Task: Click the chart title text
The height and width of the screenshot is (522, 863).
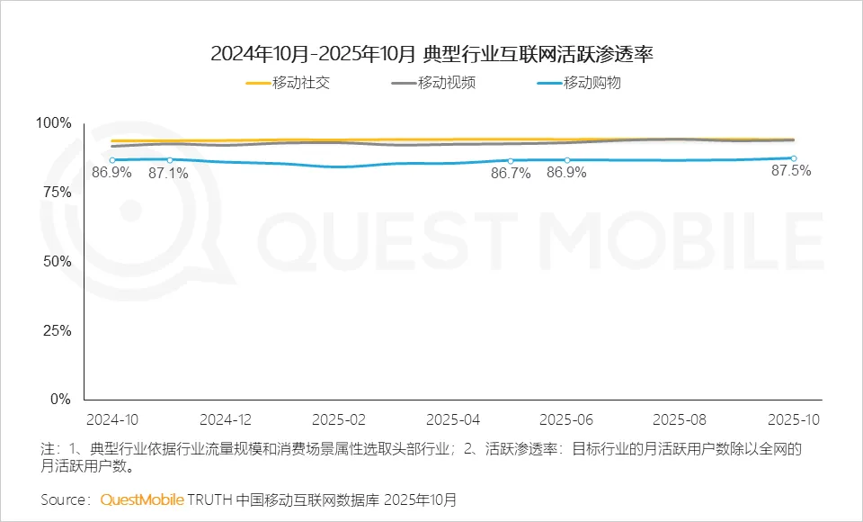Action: point(431,54)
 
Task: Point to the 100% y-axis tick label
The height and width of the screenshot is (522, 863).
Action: point(53,123)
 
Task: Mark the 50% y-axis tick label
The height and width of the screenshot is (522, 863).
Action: point(57,262)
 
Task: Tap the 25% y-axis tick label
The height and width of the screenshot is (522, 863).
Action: point(57,330)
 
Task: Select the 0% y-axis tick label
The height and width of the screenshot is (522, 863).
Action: point(60,400)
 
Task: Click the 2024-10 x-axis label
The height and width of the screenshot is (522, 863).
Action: point(111,419)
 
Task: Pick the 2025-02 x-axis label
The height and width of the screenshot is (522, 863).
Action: point(338,419)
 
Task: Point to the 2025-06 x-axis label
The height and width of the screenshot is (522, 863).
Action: point(565,419)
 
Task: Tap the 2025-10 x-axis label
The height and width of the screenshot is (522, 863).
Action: point(793,419)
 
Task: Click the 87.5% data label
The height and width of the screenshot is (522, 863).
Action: point(791,171)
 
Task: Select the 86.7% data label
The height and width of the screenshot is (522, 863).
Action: point(510,173)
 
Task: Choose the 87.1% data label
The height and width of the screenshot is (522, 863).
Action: point(169,173)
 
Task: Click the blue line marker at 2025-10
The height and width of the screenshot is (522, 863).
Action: point(794,158)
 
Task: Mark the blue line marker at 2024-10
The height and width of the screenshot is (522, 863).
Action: point(112,160)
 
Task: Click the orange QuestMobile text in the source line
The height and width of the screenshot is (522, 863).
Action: point(142,499)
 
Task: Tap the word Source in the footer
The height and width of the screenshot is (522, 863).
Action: point(64,499)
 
